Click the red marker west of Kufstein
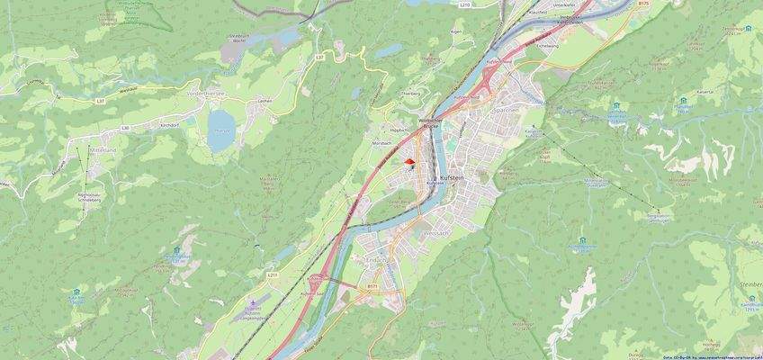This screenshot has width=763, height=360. pos(410,162)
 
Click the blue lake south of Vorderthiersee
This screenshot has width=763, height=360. pos(220,130)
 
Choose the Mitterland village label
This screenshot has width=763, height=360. pos(104,148)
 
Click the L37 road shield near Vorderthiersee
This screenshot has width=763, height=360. pos(319,58)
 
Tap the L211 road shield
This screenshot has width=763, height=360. pos(273,273)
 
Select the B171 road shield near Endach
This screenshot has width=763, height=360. pos(372,284)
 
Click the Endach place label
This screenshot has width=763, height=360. pos(378,260)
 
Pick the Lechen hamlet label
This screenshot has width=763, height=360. pos(265,101)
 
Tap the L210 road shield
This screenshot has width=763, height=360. pos(465,4)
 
